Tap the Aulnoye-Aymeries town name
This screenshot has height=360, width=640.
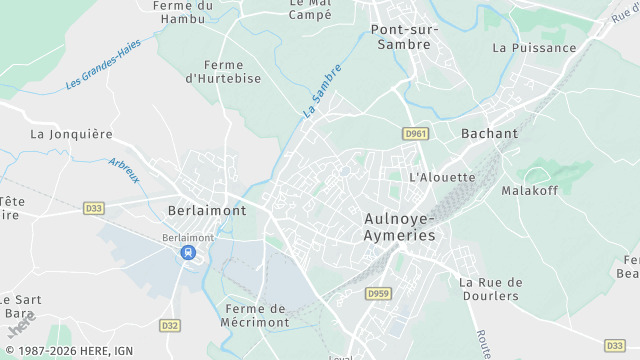pos(399,226)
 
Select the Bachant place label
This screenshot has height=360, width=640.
pos(489,133)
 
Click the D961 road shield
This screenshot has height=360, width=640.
pos(415,133)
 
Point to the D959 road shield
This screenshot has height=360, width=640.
pos(377,293)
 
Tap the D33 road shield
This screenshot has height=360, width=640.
pos(94,208)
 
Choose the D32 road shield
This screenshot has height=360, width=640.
pos(170,325)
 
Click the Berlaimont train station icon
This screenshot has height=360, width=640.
pos(188,253)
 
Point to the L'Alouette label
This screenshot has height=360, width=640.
pos(442,177)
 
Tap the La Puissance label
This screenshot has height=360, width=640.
pos(534,47)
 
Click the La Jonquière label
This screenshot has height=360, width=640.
pos(71,133)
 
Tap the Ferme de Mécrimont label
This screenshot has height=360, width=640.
pos(257,315)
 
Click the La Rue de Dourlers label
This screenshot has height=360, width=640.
pos(489,289)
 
